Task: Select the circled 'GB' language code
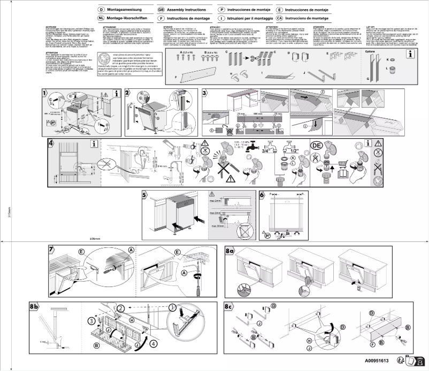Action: coord(161,10)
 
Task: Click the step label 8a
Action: coord(230,249)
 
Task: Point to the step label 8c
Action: coord(230,306)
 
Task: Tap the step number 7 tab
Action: coord(51,249)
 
